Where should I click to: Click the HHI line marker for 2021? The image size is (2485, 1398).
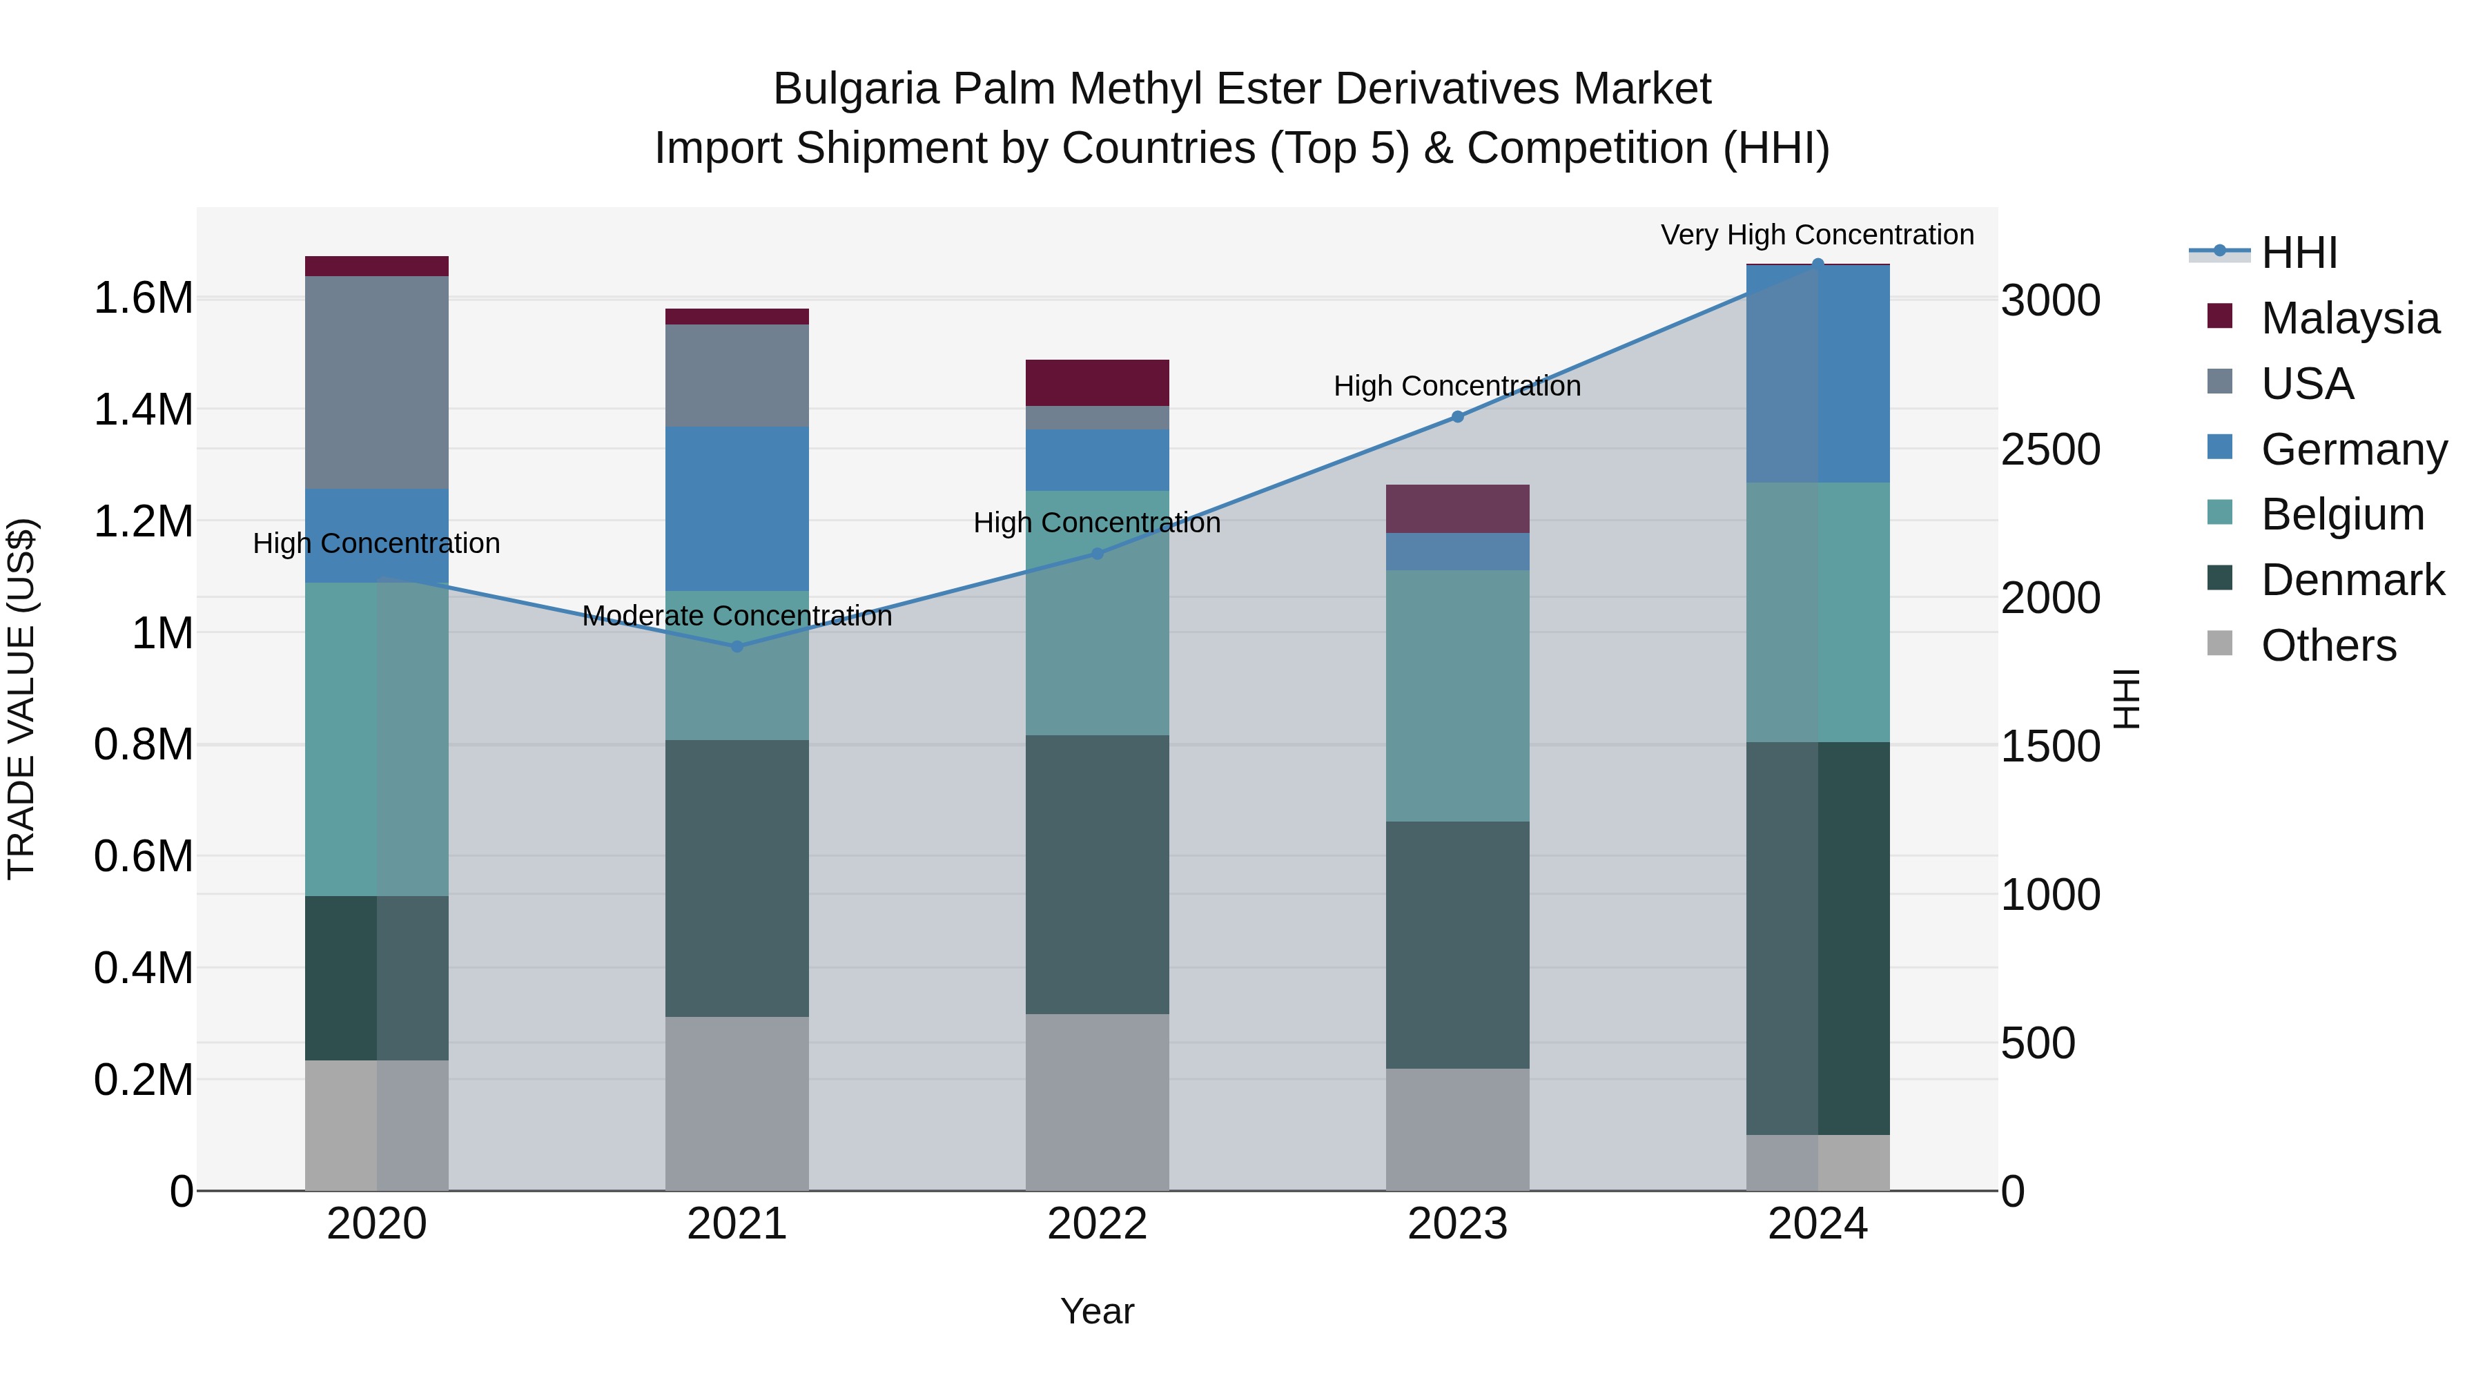point(737,646)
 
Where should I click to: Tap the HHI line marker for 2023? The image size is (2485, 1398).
point(1458,417)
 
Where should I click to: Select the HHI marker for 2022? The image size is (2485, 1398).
point(1097,554)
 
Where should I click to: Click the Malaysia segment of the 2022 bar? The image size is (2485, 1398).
point(1097,383)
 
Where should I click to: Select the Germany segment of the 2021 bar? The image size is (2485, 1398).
point(737,508)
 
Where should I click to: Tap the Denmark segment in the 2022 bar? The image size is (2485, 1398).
point(1097,874)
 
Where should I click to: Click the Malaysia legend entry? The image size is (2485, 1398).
point(2349,318)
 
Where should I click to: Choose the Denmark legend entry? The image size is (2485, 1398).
point(2352,580)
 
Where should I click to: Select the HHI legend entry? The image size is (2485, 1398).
point(2298,253)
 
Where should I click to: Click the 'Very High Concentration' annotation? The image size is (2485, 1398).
point(1817,235)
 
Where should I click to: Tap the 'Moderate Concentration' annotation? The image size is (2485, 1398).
point(737,616)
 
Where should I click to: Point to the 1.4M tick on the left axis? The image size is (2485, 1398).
point(143,410)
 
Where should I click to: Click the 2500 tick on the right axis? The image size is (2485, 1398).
point(2050,449)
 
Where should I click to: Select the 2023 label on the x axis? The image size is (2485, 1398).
point(1458,1223)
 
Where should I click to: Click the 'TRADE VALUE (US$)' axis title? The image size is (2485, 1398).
point(21,699)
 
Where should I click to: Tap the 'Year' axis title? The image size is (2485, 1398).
point(1097,1311)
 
